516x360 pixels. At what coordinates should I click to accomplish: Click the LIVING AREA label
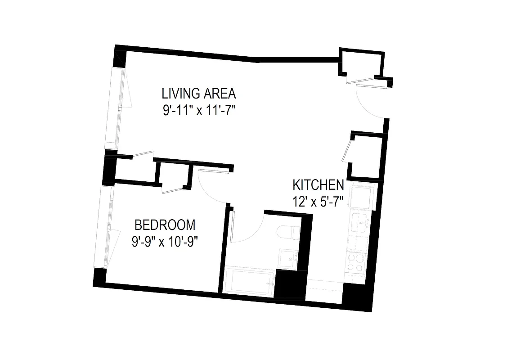point(199,94)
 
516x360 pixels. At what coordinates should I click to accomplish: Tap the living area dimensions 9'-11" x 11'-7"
point(200,111)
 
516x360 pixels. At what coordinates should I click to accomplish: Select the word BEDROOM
point(165,225)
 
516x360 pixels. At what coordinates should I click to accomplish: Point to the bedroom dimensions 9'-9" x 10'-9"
point(165,242)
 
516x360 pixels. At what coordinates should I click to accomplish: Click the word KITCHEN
point(318,185)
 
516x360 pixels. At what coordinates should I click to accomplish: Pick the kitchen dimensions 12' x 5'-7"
point(318,201)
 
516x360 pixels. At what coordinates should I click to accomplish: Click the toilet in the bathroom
point(287,233)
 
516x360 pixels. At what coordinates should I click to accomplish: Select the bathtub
point(249,282)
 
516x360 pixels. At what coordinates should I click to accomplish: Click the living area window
point(116,108)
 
